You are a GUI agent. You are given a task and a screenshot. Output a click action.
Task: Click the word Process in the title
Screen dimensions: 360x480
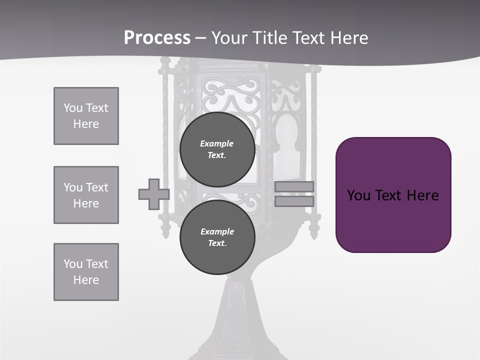click(157, 38)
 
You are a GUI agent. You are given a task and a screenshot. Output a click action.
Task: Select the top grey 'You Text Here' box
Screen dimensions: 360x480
click(86, 116)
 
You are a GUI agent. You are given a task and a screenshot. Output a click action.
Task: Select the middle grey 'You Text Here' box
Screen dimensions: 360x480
click(86, 195)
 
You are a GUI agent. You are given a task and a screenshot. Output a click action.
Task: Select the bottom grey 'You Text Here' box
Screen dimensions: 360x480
click(86, 272)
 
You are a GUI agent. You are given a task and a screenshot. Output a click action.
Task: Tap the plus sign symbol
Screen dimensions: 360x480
click(153, 194)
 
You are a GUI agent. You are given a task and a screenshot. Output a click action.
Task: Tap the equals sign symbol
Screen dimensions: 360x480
click(294, 194)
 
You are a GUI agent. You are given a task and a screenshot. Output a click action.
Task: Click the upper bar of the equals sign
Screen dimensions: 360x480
click(294, 186)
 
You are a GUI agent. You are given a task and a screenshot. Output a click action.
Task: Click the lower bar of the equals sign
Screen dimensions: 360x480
click(294, 201)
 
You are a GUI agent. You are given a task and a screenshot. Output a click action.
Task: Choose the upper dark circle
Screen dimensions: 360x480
click(217, 149)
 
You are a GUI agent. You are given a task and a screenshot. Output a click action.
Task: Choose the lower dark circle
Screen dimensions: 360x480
click(217, 237)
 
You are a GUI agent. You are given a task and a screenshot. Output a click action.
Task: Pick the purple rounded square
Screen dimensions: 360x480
click(393, 195)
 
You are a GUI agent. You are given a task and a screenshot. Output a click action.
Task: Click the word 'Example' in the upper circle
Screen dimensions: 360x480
click(217, 143)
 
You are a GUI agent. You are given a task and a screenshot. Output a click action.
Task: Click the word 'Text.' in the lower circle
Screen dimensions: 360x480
click(217, 243)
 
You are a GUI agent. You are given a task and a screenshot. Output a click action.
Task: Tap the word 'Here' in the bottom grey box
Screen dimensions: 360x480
click(86, 280)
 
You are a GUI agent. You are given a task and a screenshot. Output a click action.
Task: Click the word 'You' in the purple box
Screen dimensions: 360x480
click(358, 195)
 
